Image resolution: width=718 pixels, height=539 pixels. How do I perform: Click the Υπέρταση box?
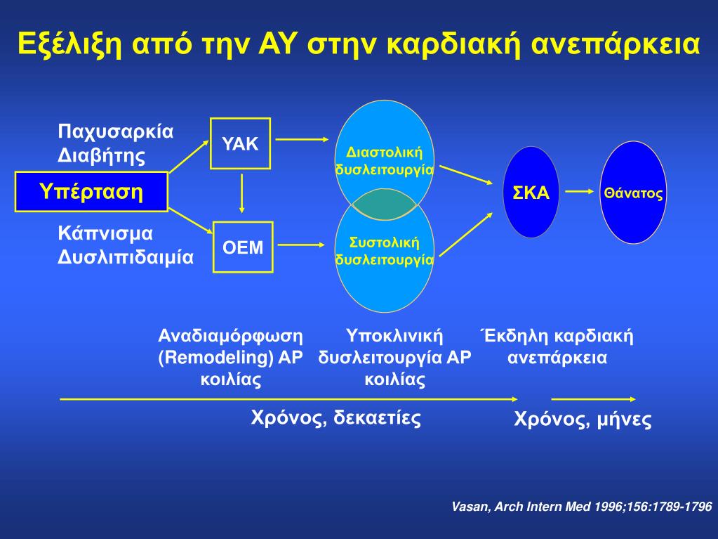91,191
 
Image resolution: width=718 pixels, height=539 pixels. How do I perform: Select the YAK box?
241,144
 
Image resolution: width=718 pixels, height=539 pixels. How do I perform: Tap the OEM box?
243,247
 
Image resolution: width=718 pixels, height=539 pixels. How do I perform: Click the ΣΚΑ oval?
531,193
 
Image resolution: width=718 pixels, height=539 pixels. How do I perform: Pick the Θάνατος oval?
633,193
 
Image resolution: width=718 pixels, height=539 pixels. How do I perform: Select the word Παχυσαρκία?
116,131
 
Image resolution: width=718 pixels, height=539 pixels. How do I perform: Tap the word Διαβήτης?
102,155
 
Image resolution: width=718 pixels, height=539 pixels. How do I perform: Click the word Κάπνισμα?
105,233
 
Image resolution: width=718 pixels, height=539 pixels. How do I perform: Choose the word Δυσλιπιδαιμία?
126,256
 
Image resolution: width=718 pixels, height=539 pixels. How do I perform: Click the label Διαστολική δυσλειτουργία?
384,161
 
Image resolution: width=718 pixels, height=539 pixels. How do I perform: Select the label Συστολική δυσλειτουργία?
384,251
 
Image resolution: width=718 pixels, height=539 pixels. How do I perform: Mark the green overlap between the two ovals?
385,206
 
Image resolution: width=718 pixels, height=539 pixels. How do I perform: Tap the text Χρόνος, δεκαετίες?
336,419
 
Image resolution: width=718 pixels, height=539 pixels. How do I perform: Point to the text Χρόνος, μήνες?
583,420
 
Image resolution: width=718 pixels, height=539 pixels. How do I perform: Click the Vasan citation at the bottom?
582,507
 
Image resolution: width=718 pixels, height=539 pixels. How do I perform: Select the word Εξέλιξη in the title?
62,45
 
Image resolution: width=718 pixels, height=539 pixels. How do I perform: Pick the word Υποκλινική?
395,335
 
